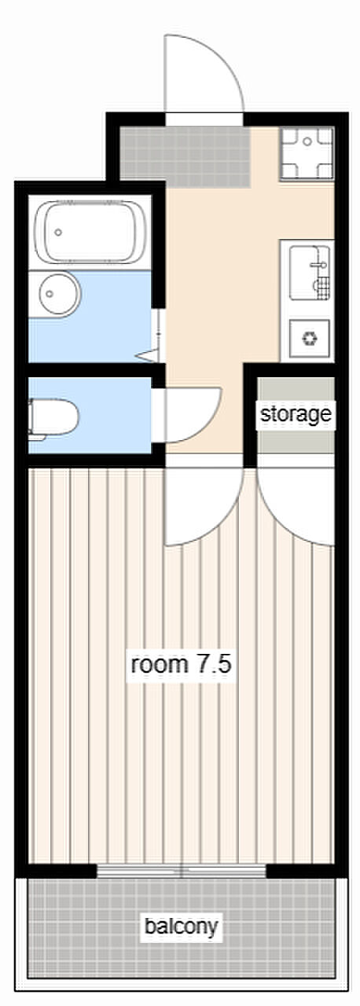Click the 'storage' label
[x=296, y=414]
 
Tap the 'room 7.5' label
[x=181, y=664]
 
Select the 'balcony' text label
[x=181, y=926]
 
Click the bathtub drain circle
[x=58, y=232]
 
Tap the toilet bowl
[x=53, y=418]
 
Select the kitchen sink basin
[x=309, y=273]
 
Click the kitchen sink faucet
[x=318, y=266]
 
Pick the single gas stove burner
[x=309, y=338]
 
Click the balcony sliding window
[x=182, y=872]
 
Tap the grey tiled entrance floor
[x=184, y=157]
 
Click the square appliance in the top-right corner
[x=307, y=153]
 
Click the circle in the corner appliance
[x=307, y=141]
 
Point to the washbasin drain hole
[x=50, y=294]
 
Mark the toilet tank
[x=31, y=418]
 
